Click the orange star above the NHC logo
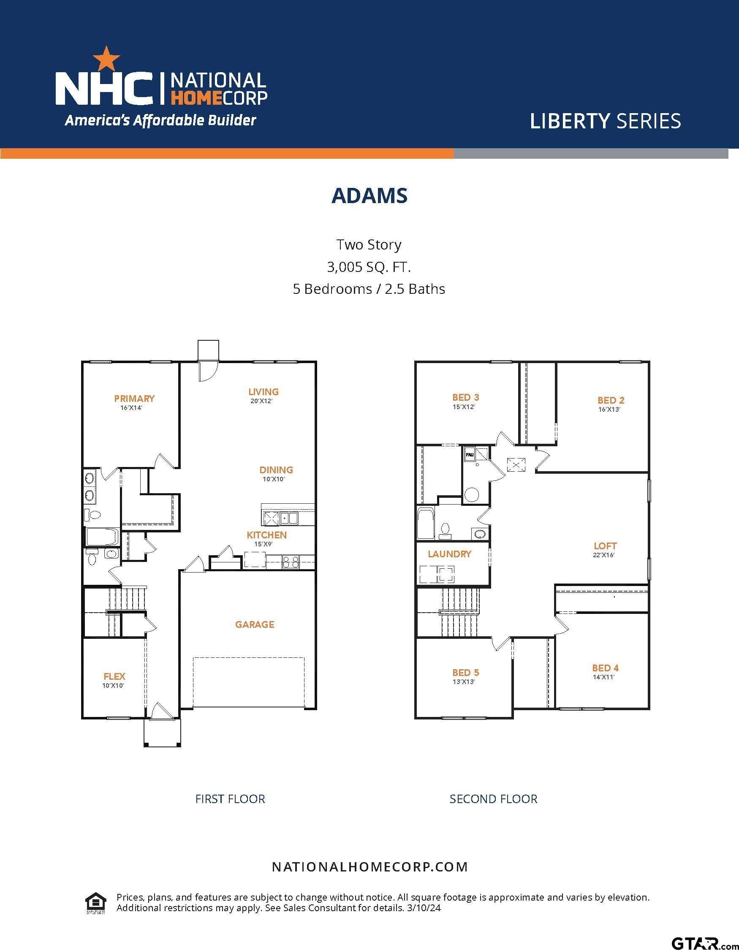106,59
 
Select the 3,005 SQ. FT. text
369,267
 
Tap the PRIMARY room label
134,399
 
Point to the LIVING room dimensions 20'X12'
261,401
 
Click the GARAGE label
255,624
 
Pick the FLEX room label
114,676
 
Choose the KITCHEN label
266,535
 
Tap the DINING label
276,470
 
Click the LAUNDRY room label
449,554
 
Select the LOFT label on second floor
605,546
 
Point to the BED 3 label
465,397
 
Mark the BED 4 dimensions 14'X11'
604,677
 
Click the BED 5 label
465,673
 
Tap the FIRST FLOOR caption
230,799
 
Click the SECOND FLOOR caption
494,799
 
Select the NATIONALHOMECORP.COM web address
370,867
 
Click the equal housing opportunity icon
96,903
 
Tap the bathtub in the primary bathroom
102,536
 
